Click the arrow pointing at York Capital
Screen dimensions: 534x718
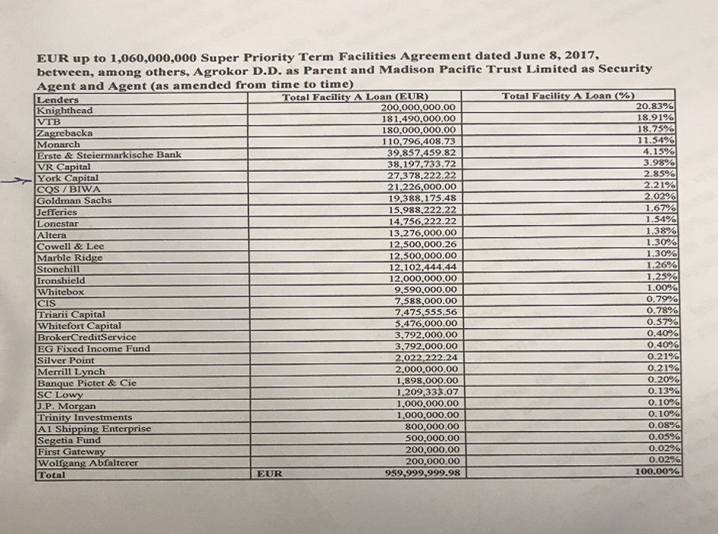point(23,182)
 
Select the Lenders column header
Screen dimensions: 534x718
point(57,100)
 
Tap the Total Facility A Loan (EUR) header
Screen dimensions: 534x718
point(354,97)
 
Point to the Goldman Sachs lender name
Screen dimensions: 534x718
point(74,200)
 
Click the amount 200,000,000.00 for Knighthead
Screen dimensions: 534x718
point(418,108)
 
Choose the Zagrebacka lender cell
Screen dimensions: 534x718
point(65,133)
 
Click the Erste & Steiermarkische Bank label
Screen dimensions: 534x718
point(109,155)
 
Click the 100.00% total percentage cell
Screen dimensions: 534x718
point(658,471)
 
